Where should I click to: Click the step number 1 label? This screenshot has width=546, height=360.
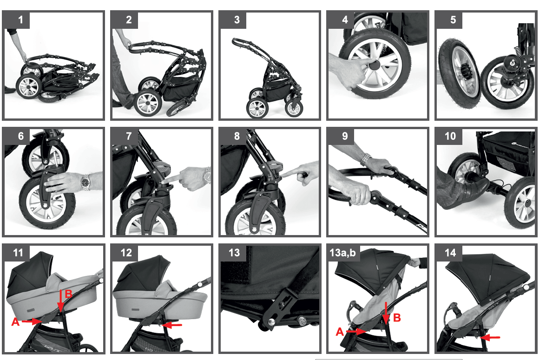20,20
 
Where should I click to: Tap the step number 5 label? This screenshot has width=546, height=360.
453,20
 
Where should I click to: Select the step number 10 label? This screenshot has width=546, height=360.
450,136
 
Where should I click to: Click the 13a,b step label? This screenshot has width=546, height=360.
342,252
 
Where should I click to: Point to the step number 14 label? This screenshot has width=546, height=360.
450,252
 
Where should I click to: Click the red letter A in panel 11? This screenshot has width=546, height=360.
15,322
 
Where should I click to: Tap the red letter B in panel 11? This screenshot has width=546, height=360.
69,294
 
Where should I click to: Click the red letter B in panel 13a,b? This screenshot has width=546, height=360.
397,318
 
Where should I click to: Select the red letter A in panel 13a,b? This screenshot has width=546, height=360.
340,332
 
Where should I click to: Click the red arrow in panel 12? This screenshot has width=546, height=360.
172,325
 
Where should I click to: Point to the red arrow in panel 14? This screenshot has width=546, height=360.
490,337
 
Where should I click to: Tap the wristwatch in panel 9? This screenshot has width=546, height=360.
365,159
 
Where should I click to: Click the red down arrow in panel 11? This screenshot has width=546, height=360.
60,300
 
